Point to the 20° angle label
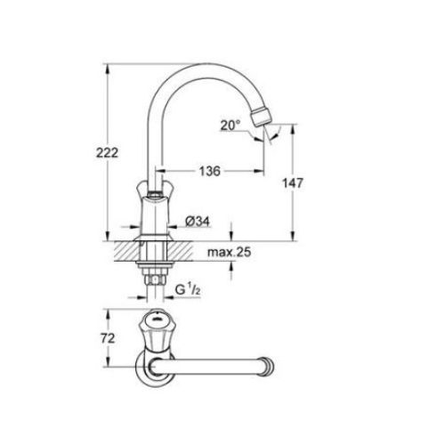231,126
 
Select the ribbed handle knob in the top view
156,326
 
